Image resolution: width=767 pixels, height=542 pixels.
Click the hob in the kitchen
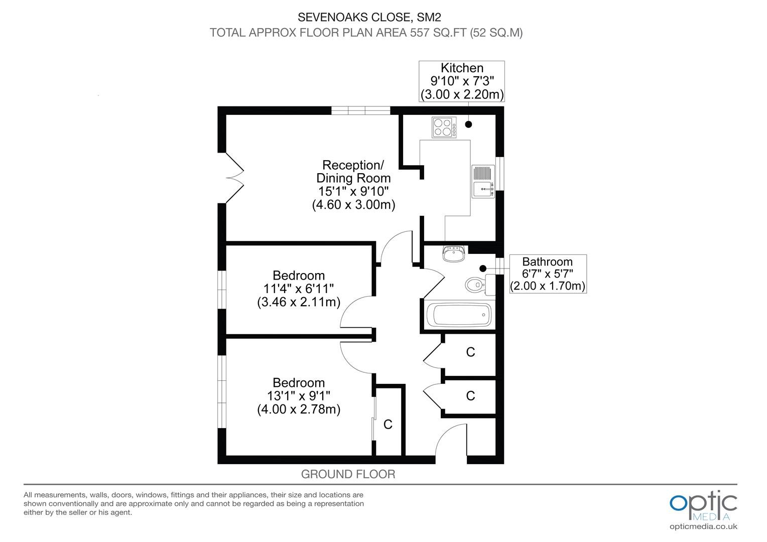pyautogui.click(x=444, y=127)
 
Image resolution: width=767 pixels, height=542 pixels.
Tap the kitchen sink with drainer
pyautogui.click(x=483, y=182)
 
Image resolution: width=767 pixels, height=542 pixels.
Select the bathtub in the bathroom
pyautogui.click(x=459, y=315)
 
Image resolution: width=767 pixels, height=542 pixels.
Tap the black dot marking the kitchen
pyautogui.click(x=468, y=124)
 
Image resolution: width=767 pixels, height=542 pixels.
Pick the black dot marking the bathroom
pyautogui.click(x=483, y=269)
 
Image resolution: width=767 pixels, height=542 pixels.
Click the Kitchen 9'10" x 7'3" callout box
pyautogui.click(x=462, y=81)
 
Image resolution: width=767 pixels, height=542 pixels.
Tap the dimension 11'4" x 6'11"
pyautogui.click(x=298, y=289)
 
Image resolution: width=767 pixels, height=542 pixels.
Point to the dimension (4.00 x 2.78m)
pyautogui.click(x=299, y=409)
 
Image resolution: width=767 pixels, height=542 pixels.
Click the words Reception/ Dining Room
pyautogui.click(x=353, y=172)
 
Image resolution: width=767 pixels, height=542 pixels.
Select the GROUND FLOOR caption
pyautogui.click(x=348, y=474)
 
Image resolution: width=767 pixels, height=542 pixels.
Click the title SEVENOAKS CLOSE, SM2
pyautogui.click(x=369, y=17)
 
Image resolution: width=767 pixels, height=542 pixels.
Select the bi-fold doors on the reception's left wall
pyautogui.click(x=234, y=178)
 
